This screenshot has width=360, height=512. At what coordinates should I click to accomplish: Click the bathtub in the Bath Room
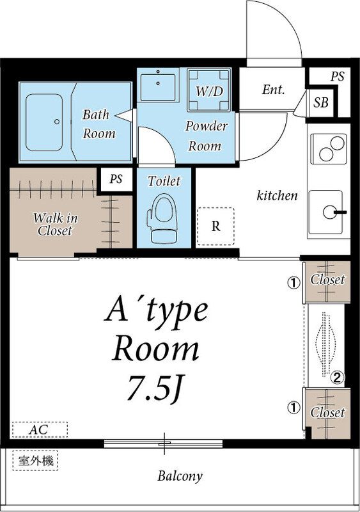point(44,122)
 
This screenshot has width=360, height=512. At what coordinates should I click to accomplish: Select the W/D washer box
point(209,90)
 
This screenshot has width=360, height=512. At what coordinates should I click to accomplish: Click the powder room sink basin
point(158,87)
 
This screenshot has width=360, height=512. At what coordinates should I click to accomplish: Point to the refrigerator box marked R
point(215,227)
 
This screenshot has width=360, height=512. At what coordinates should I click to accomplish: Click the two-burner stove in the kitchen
point(328,148)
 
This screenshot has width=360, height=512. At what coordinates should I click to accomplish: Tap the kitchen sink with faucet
point(326,212)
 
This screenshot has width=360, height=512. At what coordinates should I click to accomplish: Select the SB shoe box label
point(321,102)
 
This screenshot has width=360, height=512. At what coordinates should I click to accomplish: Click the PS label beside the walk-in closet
point(116,179)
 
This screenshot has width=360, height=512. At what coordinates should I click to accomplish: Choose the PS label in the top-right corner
point(337,76)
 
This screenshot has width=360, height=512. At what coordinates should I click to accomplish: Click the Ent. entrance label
point(273,90)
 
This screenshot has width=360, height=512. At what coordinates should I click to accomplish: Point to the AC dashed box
point(40,429)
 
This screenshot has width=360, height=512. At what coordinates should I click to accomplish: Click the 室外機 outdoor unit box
point(35,461)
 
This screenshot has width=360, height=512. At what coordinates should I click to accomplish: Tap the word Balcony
point(180,476)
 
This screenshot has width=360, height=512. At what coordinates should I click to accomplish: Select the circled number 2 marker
point(337,378)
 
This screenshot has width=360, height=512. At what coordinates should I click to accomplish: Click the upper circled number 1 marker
point(293,283)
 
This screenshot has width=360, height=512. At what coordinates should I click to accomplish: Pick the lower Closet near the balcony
point(327,413)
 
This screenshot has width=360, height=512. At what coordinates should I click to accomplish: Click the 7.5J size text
point(156,387)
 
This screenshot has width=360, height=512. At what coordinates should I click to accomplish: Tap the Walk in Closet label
point(55,225)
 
